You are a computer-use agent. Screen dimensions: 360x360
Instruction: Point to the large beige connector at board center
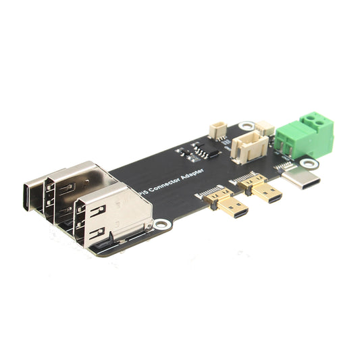point(245,147)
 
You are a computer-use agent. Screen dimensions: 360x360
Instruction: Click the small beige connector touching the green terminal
point(265,128)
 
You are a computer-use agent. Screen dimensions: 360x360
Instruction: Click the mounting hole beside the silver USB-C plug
point(309,163)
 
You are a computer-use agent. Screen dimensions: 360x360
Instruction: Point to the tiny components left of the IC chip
point(182,152)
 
